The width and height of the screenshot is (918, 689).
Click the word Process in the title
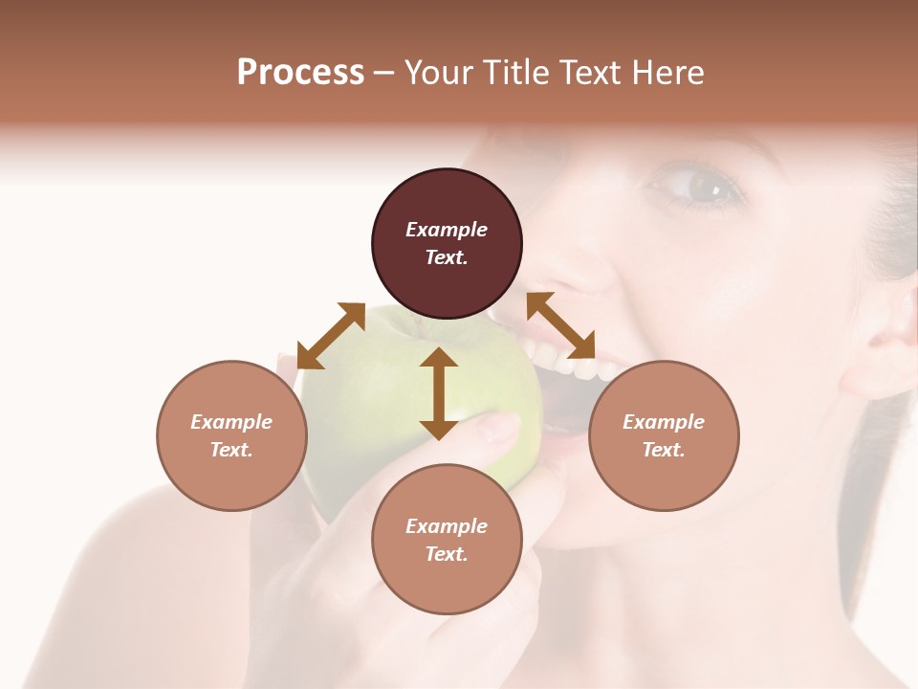(300, 73)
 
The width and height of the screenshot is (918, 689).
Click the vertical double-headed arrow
(439, 393)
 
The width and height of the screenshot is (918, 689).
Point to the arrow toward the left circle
(331, 336)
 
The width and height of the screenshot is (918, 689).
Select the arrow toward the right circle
(560, 325)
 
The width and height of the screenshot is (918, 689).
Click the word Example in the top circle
(447, 230)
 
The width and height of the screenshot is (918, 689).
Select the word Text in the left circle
(231, 450)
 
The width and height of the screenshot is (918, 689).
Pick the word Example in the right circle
(664, 422)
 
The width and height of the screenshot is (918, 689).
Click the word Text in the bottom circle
(447, 554)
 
